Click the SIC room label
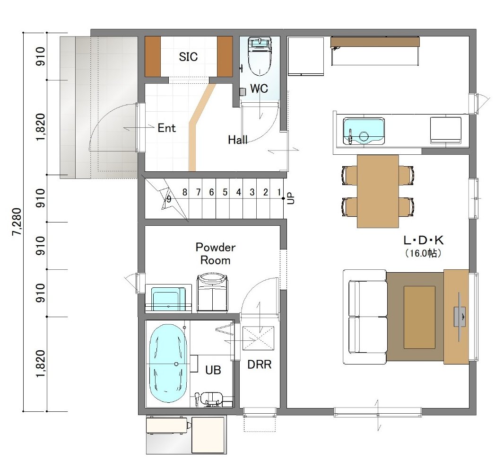188,57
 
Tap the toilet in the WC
260,57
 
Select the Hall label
238,140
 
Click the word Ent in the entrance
166,128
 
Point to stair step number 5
225,192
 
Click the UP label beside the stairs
291,198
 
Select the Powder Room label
215,254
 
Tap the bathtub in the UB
168,363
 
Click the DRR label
260,364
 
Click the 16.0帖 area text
423,253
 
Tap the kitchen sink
364,131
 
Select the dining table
378,191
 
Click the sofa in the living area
365,317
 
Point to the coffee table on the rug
419,317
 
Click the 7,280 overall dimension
17,222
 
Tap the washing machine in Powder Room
212,293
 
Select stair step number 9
169,199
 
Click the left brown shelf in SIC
153,56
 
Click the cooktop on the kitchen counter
446,130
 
